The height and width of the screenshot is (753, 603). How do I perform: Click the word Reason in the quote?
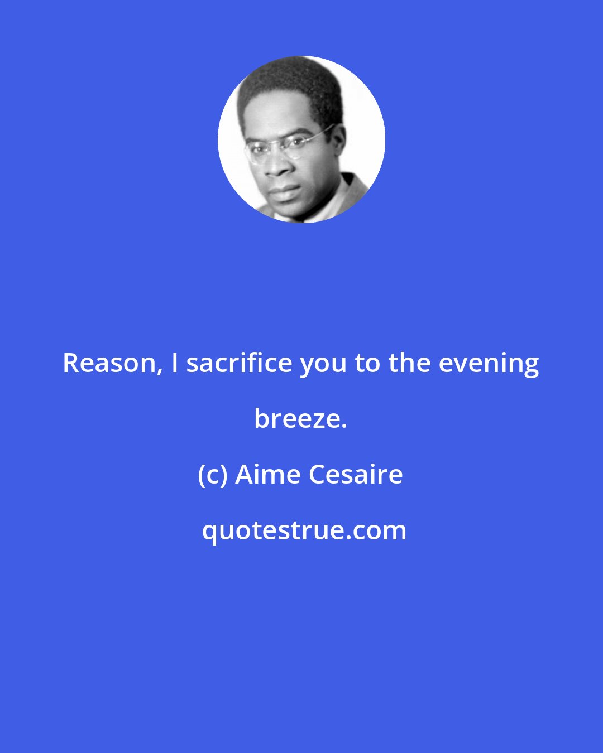coord(109,363)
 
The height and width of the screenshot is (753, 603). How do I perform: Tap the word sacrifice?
coord(239,363)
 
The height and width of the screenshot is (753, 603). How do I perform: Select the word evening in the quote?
coord(489,363)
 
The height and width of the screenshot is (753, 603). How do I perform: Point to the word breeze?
coord(300,419)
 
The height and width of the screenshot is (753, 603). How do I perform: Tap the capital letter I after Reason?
coord(175,363)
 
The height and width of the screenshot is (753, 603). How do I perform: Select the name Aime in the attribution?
coord(268,475)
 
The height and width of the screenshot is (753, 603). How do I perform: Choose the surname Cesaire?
coord(356,475)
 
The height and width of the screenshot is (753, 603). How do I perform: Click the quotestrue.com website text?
coord(304,530)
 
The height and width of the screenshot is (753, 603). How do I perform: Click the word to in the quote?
coord(367,363)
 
